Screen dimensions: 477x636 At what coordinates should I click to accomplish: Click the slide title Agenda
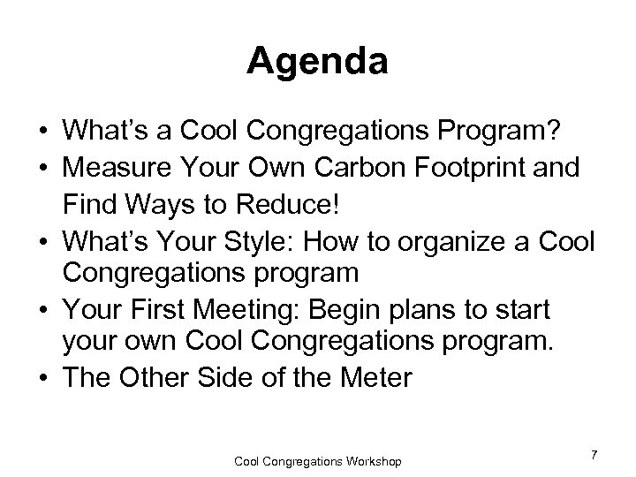(318, 60)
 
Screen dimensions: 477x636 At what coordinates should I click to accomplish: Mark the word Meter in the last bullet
(375, 377)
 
